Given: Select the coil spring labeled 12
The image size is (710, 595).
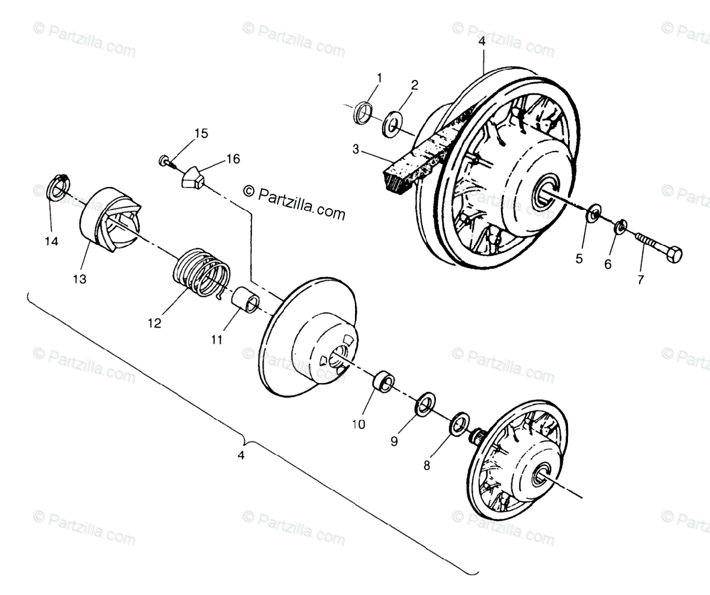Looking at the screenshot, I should click(x=202, y=271).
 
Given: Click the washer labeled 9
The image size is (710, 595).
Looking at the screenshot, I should click(x=424, y=403).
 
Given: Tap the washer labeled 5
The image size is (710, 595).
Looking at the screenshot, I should click(x=593, y=214).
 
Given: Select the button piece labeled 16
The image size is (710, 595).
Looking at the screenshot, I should click(x=193, y=177).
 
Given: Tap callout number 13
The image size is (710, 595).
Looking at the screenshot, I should click(x=79, y=279).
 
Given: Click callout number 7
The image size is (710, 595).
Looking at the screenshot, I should click(x=640, y=280).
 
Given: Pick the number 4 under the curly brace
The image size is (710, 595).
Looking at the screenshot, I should click(x=240, y=455).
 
